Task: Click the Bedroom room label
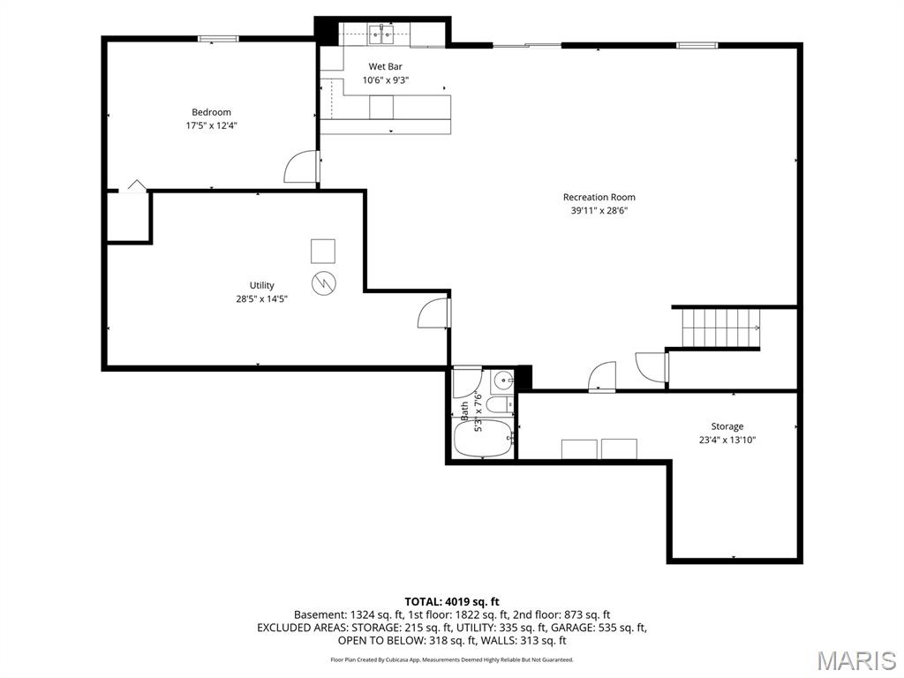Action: [x=211, y=112]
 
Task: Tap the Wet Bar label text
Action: [x=385, y=66]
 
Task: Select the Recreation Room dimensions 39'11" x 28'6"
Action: [x=599, y=211]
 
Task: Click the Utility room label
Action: [x=261, y=285]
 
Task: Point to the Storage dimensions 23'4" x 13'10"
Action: [x=727, y=440]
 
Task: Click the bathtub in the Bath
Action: [x=483, y=439]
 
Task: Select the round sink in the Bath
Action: [x=502, y=381]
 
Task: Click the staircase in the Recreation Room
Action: [x=720, y=328]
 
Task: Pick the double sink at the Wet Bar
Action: [x=381, y=34]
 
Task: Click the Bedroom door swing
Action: [x=302, y=166]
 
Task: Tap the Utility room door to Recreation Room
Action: [x=435, y=313]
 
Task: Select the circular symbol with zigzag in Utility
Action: [x=323, y=282]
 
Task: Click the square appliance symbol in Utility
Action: [x=323, y=252]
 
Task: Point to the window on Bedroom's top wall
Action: [x=217, y=38]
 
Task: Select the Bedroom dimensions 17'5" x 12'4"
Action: [x=211, y=125]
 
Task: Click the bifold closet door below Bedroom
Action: [x=134, y=186]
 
